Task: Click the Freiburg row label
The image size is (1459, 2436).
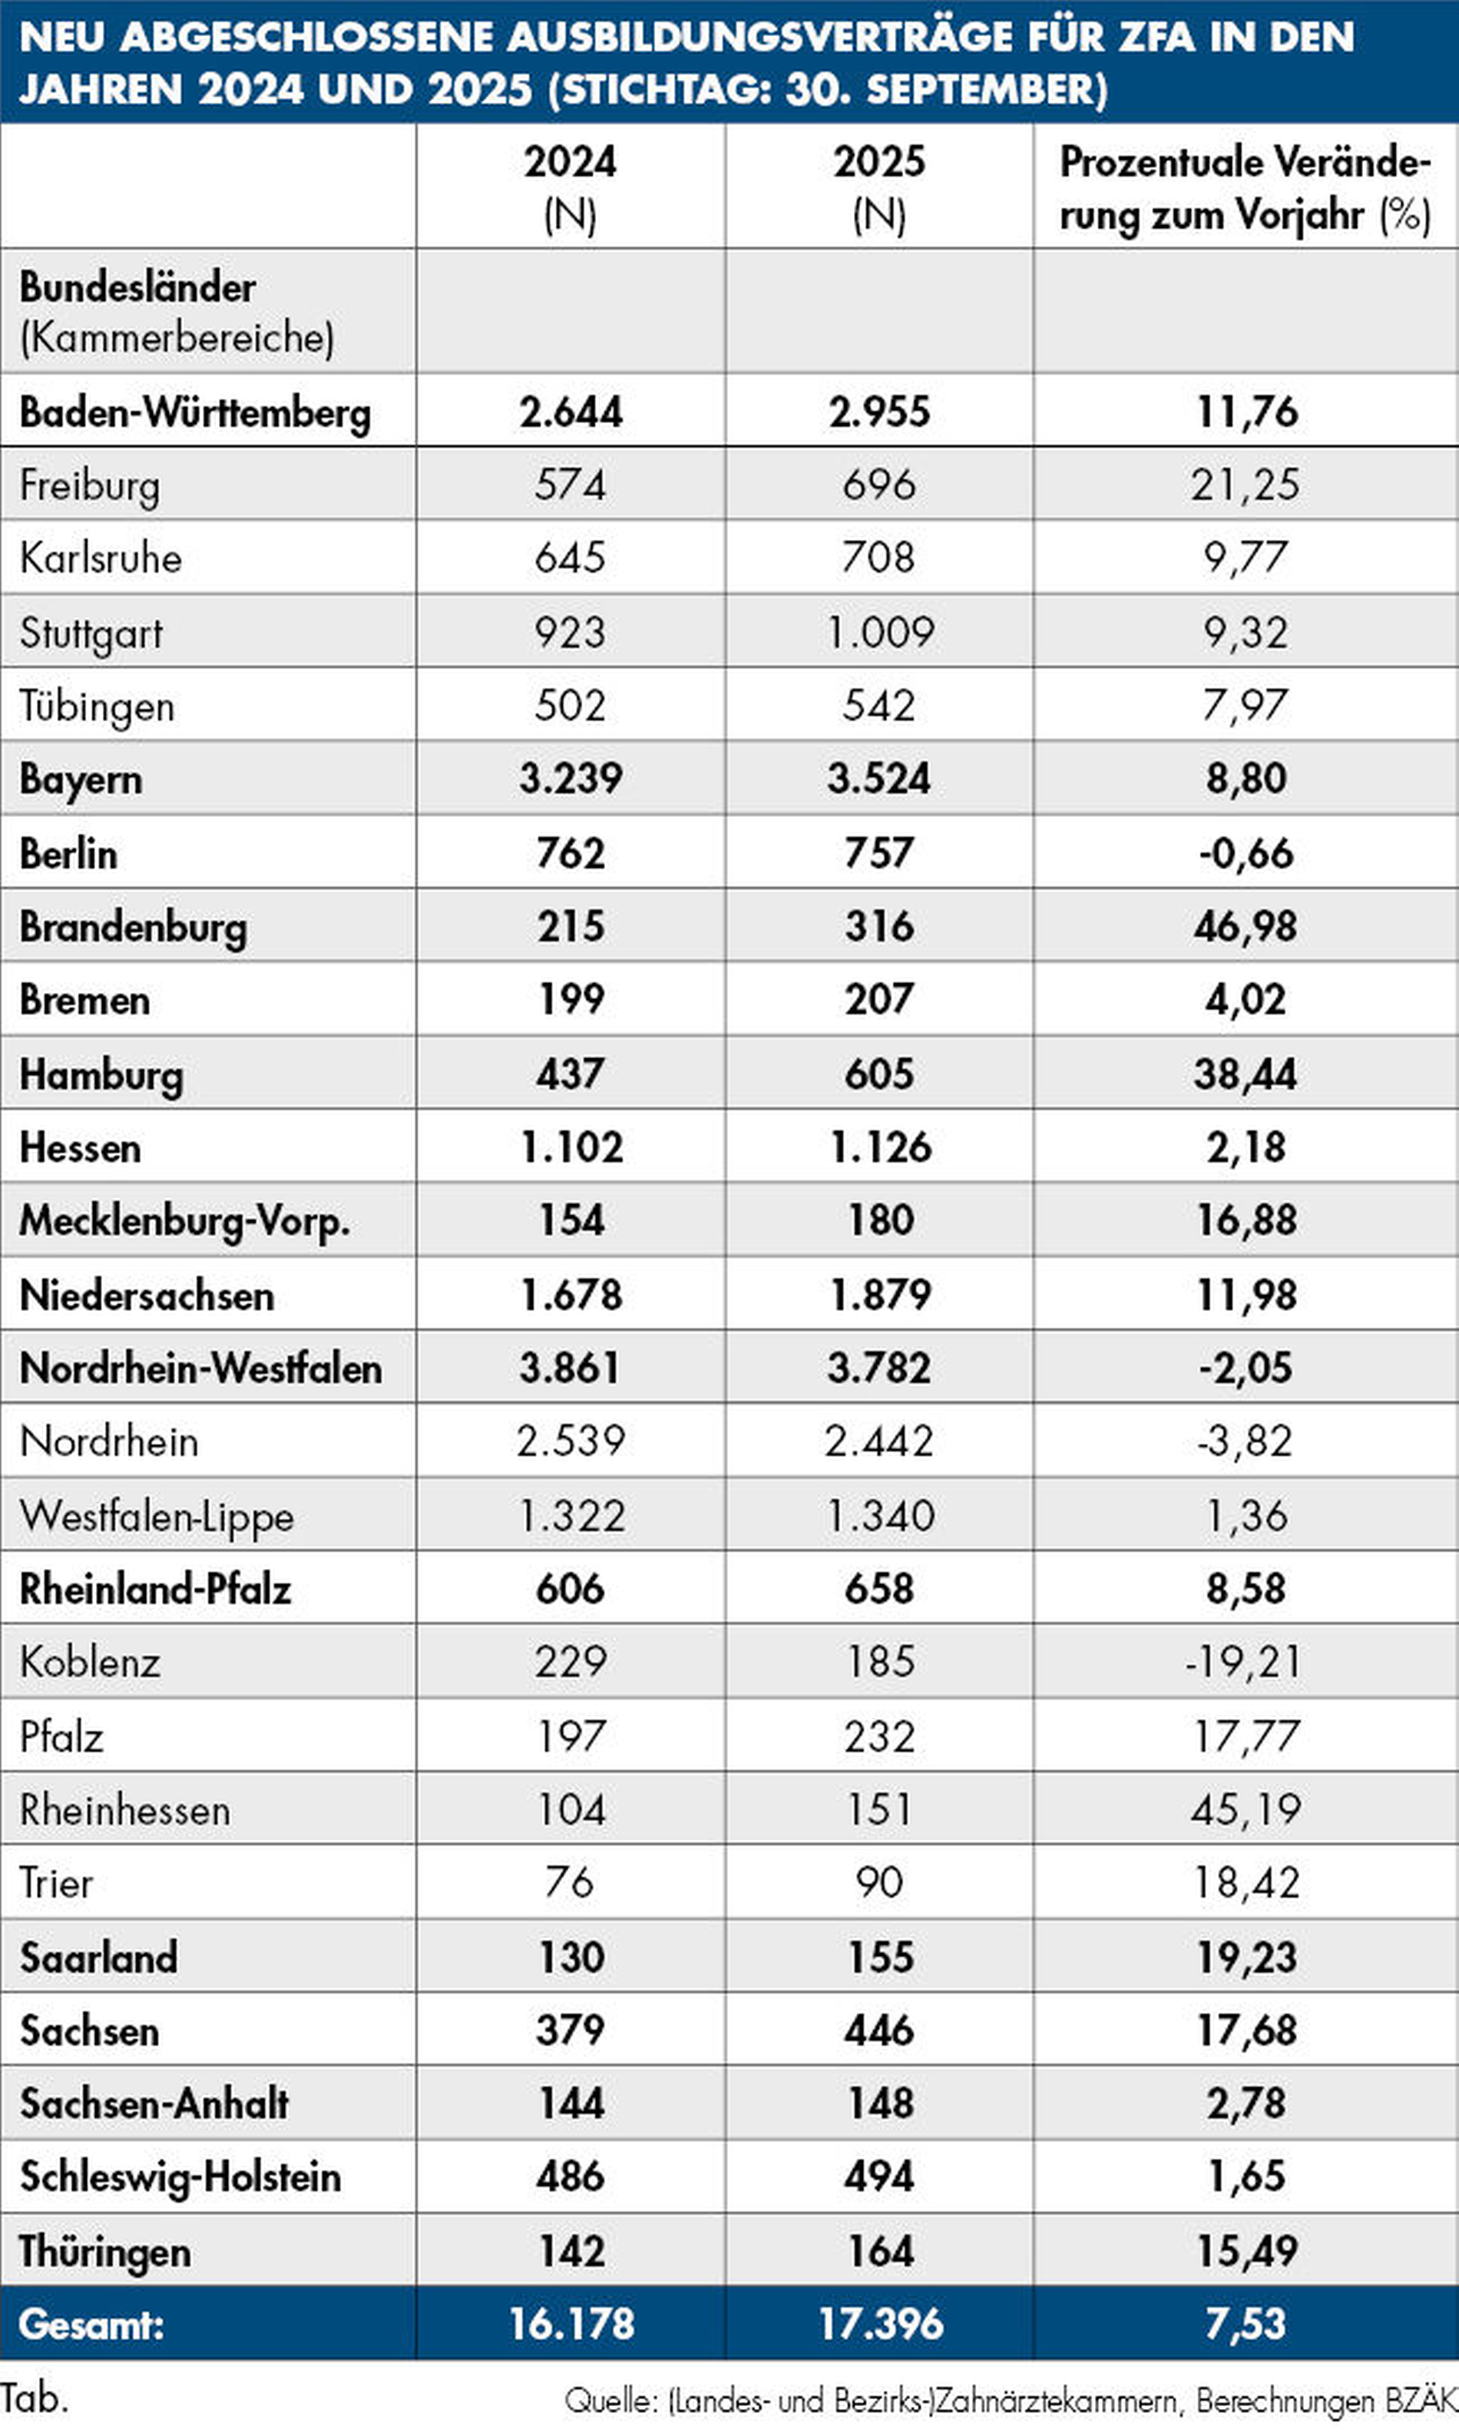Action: click(x=90, y=485)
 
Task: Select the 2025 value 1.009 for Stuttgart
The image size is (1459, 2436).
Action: click(x=880, y=632)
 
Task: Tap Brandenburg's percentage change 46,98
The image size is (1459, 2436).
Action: click(x=1246, y=926)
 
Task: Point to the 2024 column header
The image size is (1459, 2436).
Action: click(x=571, y=187)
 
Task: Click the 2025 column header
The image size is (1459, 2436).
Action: click(x=879, y=187)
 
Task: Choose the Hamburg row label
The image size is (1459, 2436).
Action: click(x=101, y=1074)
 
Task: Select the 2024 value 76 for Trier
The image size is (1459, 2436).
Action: click(x=571, y=1882)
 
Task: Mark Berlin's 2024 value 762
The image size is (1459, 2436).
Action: click(x=571, y=852)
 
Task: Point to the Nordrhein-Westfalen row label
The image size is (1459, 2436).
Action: click(x=200, y=1369)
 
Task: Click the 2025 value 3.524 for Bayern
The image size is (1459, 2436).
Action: click(x=879, y=779)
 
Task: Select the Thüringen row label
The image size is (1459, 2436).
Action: click(x=104, y=2251)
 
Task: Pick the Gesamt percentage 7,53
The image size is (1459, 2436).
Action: click(x=1246, y=2324)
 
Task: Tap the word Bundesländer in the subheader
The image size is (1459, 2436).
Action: click(x=137, y=287)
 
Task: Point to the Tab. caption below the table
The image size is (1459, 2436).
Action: click(x=35, y=2398)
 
